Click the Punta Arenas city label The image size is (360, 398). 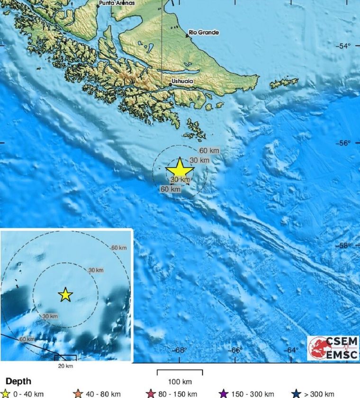pyautogui.click(x=116, y=3)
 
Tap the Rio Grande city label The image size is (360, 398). pyautogui.click(x=204, y=33)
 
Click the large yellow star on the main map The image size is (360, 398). pyautogui.click(x=180, y=169)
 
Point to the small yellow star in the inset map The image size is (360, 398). pyautogui.click(x=65, y=295)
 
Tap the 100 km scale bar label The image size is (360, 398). pyautogui.click(x=180, y=382)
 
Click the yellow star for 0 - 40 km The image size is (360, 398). pyautogui.click(x=6, y=394)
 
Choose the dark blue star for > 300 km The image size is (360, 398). pyautogui.click(x=297, y=394)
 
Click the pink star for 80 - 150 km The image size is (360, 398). pyautogui.click(x=152, y=394)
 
